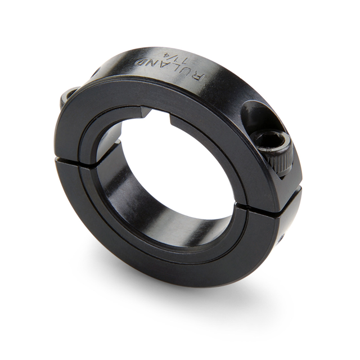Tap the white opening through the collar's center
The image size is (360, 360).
click(x=169, y=169)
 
